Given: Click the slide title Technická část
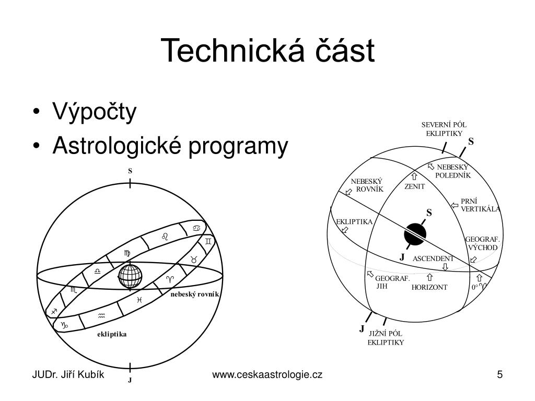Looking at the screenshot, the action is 267,51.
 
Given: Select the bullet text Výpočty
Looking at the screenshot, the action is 94,112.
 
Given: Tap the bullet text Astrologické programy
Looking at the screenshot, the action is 170,147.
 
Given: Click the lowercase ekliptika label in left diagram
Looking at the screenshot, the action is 112,334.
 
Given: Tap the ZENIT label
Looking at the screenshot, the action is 415,186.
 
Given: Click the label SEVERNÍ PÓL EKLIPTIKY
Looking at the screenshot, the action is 444,129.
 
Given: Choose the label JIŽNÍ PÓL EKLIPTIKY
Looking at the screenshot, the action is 386,338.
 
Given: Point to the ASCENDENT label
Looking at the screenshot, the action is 433,258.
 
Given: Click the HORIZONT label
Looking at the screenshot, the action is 429,287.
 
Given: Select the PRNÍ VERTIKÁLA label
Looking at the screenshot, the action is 480,205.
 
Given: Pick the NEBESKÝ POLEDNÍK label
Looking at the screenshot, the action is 453,171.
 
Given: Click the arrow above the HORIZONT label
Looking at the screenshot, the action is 429,278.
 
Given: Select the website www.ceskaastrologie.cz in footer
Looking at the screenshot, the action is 267,375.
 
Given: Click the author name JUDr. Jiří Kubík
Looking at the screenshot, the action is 68,375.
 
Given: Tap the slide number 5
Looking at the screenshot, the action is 500,375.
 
